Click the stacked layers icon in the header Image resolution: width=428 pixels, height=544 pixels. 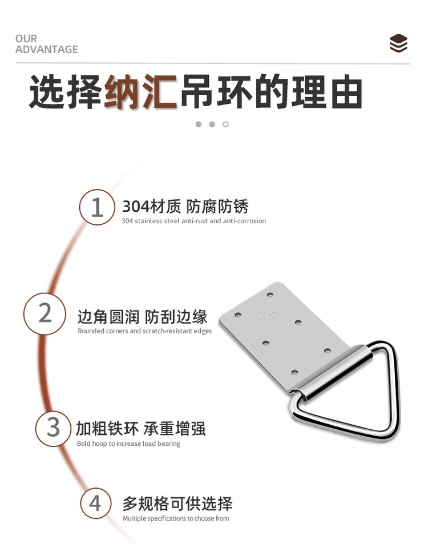(x=398, y=43)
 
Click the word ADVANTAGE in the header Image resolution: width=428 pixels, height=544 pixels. (x=46, y=50)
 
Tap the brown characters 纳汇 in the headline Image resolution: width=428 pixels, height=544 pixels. (x=141, y=92)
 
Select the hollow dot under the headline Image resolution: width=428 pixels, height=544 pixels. (x=225, y=124)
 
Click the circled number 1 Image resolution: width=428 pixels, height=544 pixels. (x=97, y=207)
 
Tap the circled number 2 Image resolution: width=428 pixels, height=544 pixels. (x=45, y=313)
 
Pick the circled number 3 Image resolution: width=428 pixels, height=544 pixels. (x=53, y=428)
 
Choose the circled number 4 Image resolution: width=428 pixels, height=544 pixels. (x=96, y=503)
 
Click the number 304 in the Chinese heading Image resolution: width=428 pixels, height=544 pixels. (x=136, y=207)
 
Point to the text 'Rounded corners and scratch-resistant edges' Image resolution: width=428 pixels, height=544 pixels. (x=144, y=331)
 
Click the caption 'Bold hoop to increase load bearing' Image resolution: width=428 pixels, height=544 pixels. (x=128, y=444)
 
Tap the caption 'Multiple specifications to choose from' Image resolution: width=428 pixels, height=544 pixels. (x=176, y=518)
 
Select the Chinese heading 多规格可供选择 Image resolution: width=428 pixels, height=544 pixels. (x=177, y=503)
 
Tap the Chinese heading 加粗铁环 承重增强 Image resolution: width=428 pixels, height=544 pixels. (x=141, y=429)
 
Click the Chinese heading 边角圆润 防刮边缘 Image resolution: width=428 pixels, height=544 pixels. (x=142, y=316)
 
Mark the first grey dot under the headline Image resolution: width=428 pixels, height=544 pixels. (x=199, y=124)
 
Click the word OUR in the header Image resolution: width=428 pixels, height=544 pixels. (x=26, y=38)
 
